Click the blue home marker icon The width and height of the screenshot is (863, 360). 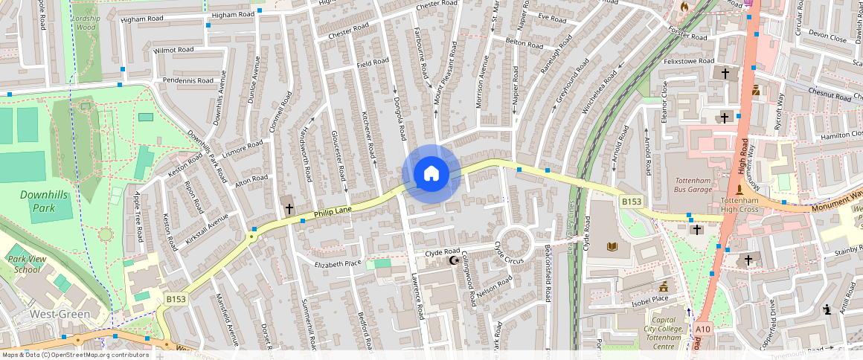coord(431,174)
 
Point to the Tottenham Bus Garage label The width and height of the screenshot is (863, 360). coord(693,184)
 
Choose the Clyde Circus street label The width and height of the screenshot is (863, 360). coord(510,253)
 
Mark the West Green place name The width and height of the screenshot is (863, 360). coord(60,314)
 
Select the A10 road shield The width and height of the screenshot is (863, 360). coord(702,328)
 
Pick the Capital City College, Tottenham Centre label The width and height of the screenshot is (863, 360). coord(664,332)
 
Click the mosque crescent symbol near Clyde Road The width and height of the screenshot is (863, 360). coord(452,260)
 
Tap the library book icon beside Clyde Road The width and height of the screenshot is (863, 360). coord(612,246)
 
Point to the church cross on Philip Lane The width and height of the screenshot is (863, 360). coord(289,209)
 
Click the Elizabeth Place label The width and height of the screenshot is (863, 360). coord(338,263)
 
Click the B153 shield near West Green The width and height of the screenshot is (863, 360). coord(176,299)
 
